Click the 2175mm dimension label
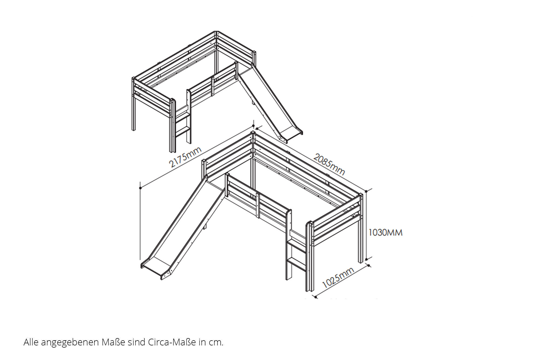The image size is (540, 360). click(x=185, y=157)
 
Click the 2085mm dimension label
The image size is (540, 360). click(x=329, y=164)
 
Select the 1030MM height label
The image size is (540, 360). click(x=385, y=232)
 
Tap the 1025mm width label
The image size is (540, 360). click(x=338, y=278)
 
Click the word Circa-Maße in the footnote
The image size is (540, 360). click(x=172, y=342)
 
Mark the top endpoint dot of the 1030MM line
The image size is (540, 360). click(x=366, y=191)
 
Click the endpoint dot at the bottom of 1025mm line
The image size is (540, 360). click(x=316, y=297)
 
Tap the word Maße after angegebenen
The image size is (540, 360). click(x=113, y=342)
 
